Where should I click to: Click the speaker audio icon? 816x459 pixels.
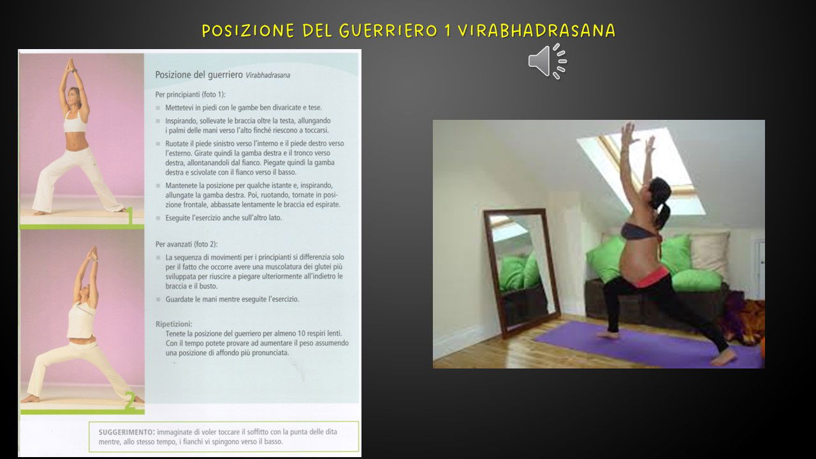[x=548, y=61]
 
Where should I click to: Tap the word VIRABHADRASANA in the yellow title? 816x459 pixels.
[x=537, y=31]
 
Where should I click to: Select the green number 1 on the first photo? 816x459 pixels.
[x=131, y=215]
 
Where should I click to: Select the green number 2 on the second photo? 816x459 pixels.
[x=129, y=401]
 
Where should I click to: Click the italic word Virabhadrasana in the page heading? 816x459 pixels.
[x=268, y=75]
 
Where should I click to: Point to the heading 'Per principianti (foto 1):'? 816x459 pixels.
[x=191, y=95]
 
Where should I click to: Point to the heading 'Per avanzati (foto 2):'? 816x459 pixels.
[x=187, y=244]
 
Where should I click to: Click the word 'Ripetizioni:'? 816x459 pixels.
[x=174, y=324]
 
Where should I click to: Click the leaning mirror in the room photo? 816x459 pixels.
[x=521, y=272]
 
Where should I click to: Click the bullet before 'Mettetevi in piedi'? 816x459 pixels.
[x=158, y=108]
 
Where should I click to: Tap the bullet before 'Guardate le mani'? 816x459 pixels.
[x=158, y=300]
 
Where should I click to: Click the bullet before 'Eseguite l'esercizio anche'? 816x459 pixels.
[x=158, y=218]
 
